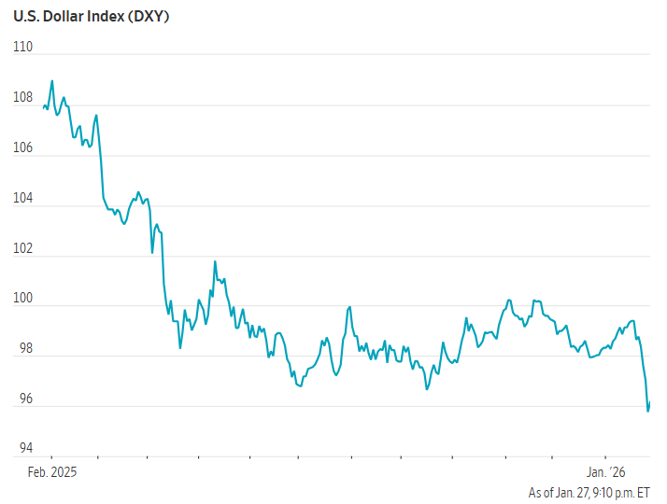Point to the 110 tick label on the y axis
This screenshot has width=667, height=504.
pyautogui.click(x=23, y=47)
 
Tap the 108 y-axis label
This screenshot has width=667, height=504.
pyautogui.click(x=23, y=97)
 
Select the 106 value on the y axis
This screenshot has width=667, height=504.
pyautogui.click(x=23, y=147)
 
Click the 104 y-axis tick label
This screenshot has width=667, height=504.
pyautogui.click(x=23, y=198)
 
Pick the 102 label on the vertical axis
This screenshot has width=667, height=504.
pyautogui.click(x=23, y=248)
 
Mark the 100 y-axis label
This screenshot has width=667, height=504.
pyautogui.click(x=23, y=299)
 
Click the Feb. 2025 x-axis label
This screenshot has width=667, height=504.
pyautogui.click(x=50, y=472)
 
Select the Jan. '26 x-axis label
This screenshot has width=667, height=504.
pyautogui.click(x=605, y=472)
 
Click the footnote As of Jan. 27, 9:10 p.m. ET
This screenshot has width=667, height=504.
pyautogui.click(x=589, y=492)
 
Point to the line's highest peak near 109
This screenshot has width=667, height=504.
pyautogui.click(x=52, y=80)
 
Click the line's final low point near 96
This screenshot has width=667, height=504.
pyautogui.click(x=648, y=411)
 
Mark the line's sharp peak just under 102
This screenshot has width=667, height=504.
pyautogui.click(x=215, y=261)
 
